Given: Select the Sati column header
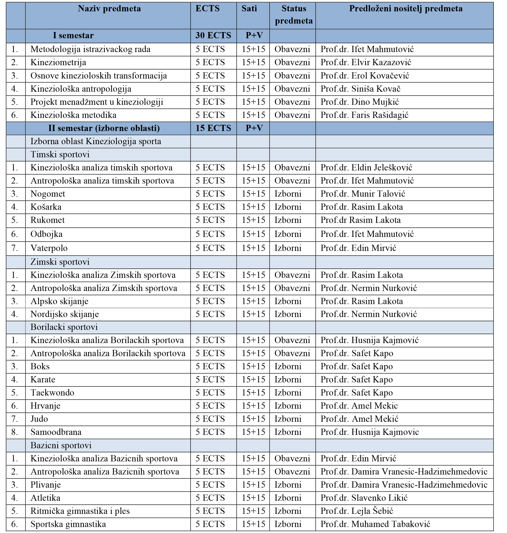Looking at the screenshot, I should pos(249,9).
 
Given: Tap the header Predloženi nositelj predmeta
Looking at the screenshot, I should pos(406,9).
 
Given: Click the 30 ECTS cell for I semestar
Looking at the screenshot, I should pos(213,35).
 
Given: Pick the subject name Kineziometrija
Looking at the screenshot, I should pos(58,62).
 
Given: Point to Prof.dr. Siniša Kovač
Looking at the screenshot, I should pos(360,89).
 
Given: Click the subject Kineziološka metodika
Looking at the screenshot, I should pos(73,115).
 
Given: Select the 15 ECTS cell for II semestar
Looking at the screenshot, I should pos(213,128).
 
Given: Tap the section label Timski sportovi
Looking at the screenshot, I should pos(60,154).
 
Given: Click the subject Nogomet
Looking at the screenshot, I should pos(48,194).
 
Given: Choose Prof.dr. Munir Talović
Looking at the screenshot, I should pos(363,194).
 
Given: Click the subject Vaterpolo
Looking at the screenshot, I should pos(49,248).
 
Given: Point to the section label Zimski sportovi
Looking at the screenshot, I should pos(60,262).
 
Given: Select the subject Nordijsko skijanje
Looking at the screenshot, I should pos(65,314).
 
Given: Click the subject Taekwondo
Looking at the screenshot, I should pos(52,392).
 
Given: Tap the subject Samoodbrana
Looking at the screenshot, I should pos(56,432).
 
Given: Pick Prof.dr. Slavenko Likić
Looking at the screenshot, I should pos(364,498).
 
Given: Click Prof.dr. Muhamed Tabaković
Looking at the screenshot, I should pos(375,524).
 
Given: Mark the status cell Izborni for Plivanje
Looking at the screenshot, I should pos(288,485).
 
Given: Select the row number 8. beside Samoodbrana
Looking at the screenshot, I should pos(15,432).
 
